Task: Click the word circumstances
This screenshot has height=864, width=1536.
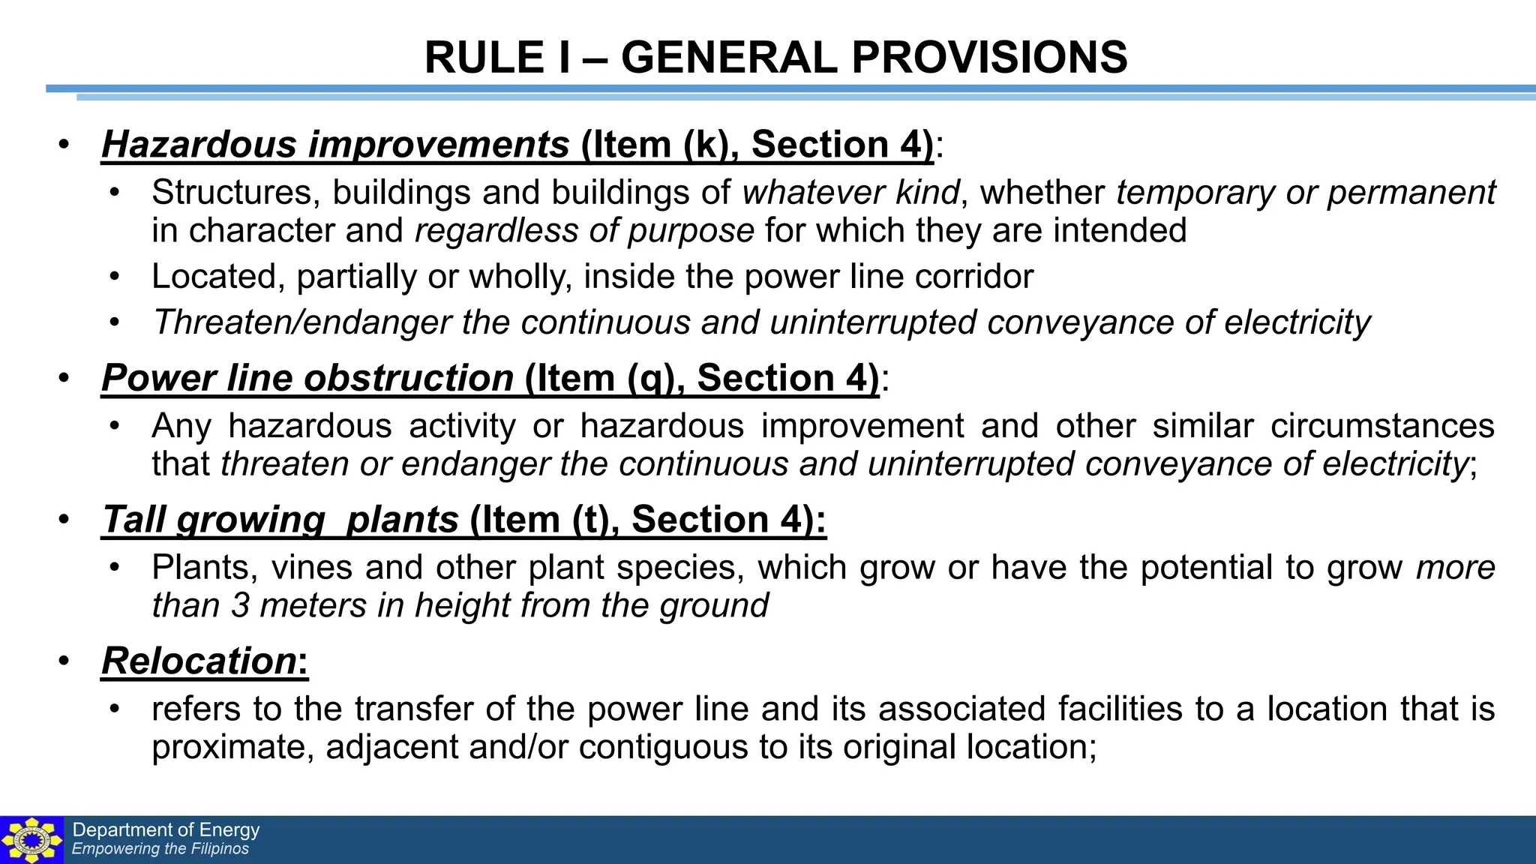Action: [1382, 426]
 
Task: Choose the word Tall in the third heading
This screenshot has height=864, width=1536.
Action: [133, 520]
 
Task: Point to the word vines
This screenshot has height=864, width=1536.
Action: [311, 568]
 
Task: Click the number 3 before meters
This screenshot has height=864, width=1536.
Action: [240, 605]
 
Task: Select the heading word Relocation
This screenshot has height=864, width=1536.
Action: [199, 661]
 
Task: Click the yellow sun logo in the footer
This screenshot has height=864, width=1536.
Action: [31, 840]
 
